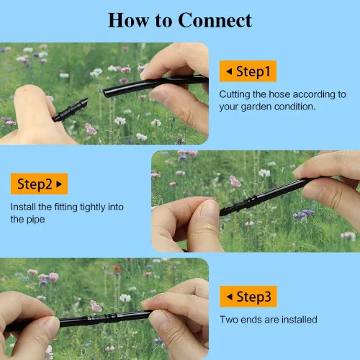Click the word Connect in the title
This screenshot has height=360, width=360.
215,20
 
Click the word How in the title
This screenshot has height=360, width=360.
129,20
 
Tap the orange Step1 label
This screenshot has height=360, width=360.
248,71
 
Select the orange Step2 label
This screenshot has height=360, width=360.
39,184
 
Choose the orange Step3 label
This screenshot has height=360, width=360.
248,297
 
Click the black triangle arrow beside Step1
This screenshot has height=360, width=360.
229,71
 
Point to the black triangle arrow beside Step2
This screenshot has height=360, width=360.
59,184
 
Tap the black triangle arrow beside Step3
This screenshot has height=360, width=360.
230,297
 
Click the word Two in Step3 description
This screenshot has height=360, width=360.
229,320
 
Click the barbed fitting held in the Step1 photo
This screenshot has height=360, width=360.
71,110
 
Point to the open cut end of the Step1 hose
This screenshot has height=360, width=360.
105,93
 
